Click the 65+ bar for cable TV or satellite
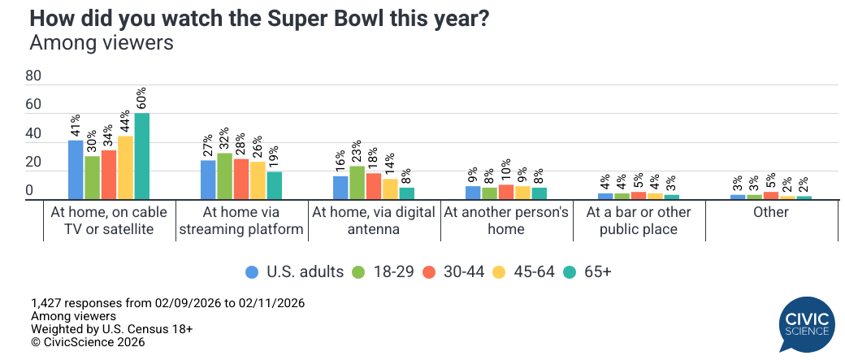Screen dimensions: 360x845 tap(142, 156)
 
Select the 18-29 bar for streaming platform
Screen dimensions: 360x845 tap(224, 176)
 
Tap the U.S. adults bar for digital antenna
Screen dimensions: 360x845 tap(340, 188)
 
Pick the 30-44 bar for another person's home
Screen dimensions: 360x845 tap(506, 192)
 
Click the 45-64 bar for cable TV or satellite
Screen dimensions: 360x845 tap(126, 167)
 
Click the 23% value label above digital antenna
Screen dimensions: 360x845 tap(357, 152)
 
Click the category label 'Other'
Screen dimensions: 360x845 tap(770, 213)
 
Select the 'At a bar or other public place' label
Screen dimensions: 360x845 tap(638, 221)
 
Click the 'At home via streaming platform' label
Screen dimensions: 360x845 tap(241, 221)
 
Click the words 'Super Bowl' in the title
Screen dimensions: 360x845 tap(349, 18)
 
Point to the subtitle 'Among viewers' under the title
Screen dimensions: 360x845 tap(102, 43)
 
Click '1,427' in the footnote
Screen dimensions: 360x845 tap(47, 303)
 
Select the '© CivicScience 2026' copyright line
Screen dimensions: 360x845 tap(88, 342)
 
